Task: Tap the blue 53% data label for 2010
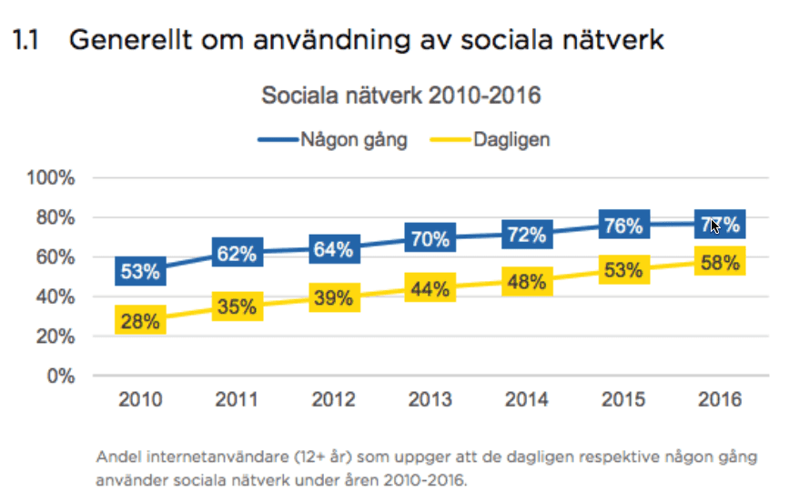pos(139,271)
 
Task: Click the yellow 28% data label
pos(139,321)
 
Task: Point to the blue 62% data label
pos(237,254)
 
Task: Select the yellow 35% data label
pos(237,307)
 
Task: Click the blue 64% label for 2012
pos(333,249)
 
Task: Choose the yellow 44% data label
pos(430,290)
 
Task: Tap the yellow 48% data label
pos(527,282)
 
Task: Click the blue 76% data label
pos(623,226)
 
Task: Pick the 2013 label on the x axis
pos(430,400)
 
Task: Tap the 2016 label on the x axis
pos(720,400)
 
